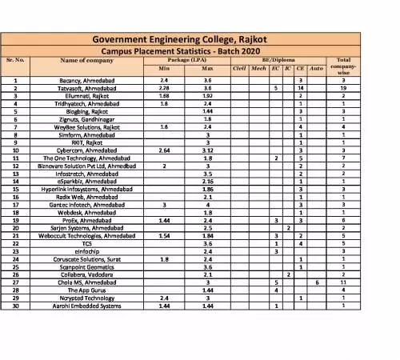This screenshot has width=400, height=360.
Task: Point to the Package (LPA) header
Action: pos(185,60)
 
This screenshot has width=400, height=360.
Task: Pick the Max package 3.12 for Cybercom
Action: pos(207,150)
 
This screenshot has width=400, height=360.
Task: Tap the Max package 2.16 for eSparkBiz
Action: pos(207,181)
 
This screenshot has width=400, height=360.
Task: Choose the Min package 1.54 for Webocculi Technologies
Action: pos(164,237)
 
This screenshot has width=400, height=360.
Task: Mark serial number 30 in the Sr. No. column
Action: pos(16,306)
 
